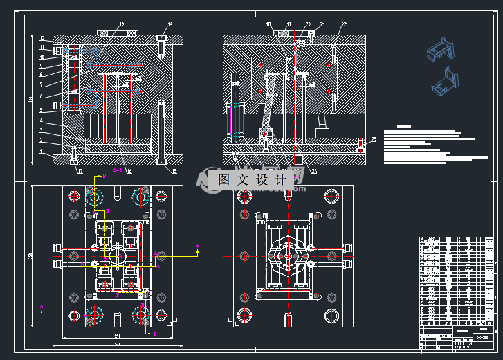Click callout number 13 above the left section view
point(122,25)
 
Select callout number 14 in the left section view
point(170,25)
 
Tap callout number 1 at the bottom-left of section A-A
point(41,151)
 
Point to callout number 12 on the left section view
point(42,39)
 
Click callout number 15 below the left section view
point(174,171)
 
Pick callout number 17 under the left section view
point(80,171)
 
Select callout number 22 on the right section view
point(343,25)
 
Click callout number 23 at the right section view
point(373,141)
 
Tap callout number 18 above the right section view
point(268,24)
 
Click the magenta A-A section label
point(118,170)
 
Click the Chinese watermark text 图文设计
point(252,180)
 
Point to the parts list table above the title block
point(458,280)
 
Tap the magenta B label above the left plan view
point(104,177)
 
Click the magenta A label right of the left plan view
point(197,246)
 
